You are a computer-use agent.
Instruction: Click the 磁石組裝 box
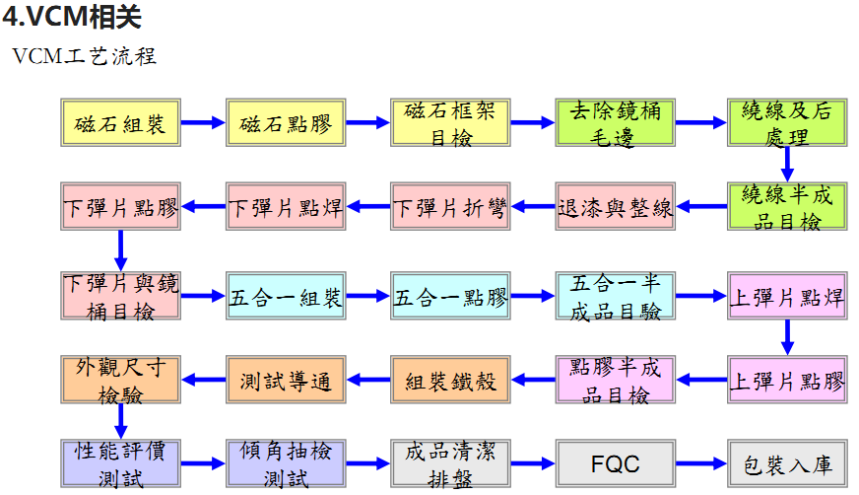pyautogui.click(x=120, y=123)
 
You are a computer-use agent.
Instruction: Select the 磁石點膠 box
pyautogui.click(x=286, y=123)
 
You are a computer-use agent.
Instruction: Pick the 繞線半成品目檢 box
pyautogui.click(x=786, y=207)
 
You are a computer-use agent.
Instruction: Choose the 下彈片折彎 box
pyautogui.click(x=450, y=207)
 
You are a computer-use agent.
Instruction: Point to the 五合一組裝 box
pyautogui.click(x=286, y=297)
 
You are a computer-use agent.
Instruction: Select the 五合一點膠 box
pyautogui.click(x=450, y=297)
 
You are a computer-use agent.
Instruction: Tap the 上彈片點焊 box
pyautogui.click(x=786, y=297)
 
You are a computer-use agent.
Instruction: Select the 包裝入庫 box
pyautogui.click(x=786, y=463)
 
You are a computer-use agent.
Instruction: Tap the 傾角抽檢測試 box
pyautogui.click(x=286, y=463)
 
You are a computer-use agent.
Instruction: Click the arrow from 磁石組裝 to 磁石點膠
pyautogui.click(x=203, y=123)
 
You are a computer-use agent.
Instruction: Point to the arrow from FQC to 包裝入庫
pyautogui.click(x=700, y=463)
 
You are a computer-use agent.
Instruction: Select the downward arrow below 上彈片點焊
pyautogui.click(x=786, y=337)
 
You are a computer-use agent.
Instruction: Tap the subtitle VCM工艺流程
pyautogui.click(x=85, y=56)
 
